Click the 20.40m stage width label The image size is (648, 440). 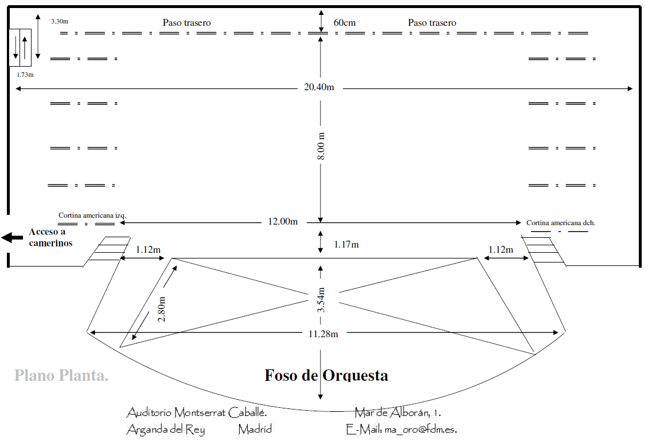tap(319, 87)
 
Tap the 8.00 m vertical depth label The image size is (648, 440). tap(321, 146)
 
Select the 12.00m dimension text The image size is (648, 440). tap(283, 222)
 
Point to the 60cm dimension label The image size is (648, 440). tap(345, 23)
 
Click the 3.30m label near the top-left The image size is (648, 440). tap(60, 21)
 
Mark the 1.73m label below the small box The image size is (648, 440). tap(25, 75)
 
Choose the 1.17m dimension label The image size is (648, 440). tap(346, 245)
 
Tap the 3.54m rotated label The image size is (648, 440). tap(321, 300)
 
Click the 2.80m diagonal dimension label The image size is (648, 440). tap(162, 309)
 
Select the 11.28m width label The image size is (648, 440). tap(323, 334)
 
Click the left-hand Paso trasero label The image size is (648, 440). tap(187, 23)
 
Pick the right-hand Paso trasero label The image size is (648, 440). tap(432, 23)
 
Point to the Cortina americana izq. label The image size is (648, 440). tap(92, 215)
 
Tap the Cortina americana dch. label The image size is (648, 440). tap(561, 223)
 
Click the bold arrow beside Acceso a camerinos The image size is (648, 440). tap(12, 237)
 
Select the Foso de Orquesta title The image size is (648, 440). tap(326, 375)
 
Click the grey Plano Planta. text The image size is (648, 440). tap(61, 376)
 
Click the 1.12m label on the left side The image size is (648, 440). tap(148, 250)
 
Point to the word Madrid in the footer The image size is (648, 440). tap(255, 429)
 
